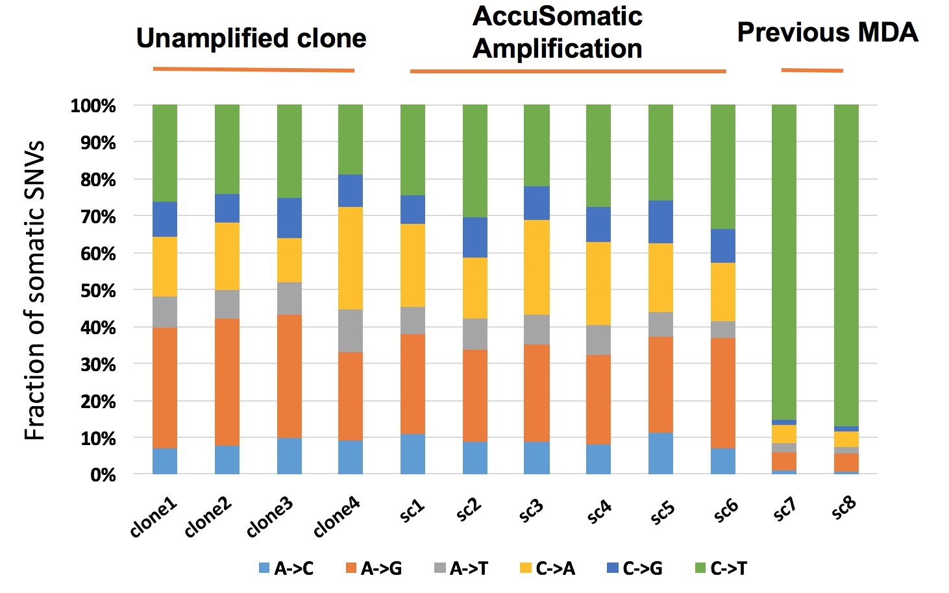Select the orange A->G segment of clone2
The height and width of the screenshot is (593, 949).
(227, 381)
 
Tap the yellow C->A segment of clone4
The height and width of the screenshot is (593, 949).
(351, 258)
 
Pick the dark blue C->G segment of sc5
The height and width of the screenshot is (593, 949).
(660, 222)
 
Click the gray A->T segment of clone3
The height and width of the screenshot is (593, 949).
(289, 298)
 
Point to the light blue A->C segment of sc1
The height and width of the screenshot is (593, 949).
(413, 454)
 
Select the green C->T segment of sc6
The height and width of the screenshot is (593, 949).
(722, 167)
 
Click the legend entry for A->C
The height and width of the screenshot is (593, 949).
(286, 569)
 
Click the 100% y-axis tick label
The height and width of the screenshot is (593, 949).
(93, 106)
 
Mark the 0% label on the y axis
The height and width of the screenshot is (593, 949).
(103, 475)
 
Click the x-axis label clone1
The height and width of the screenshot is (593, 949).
(153, 518)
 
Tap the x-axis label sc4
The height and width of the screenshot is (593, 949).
(599, 511)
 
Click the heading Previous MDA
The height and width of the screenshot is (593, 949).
(828, 32)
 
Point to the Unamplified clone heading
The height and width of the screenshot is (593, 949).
(251, 38)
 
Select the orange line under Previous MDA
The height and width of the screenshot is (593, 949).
(812, 70)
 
